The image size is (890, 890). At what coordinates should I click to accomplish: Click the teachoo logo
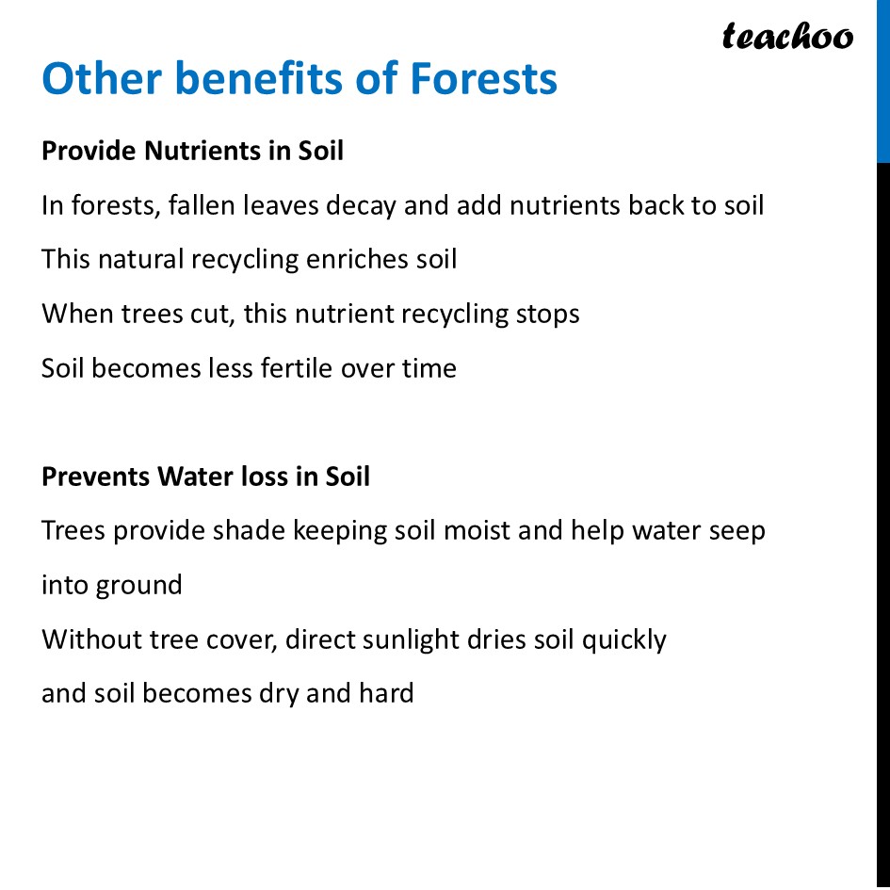787,38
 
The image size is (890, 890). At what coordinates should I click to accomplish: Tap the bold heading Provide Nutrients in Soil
192,151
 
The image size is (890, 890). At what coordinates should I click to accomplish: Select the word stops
546,314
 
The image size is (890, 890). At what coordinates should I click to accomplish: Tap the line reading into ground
111,586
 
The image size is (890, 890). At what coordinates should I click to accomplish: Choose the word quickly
623,640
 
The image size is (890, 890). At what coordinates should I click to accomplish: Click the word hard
386,694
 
